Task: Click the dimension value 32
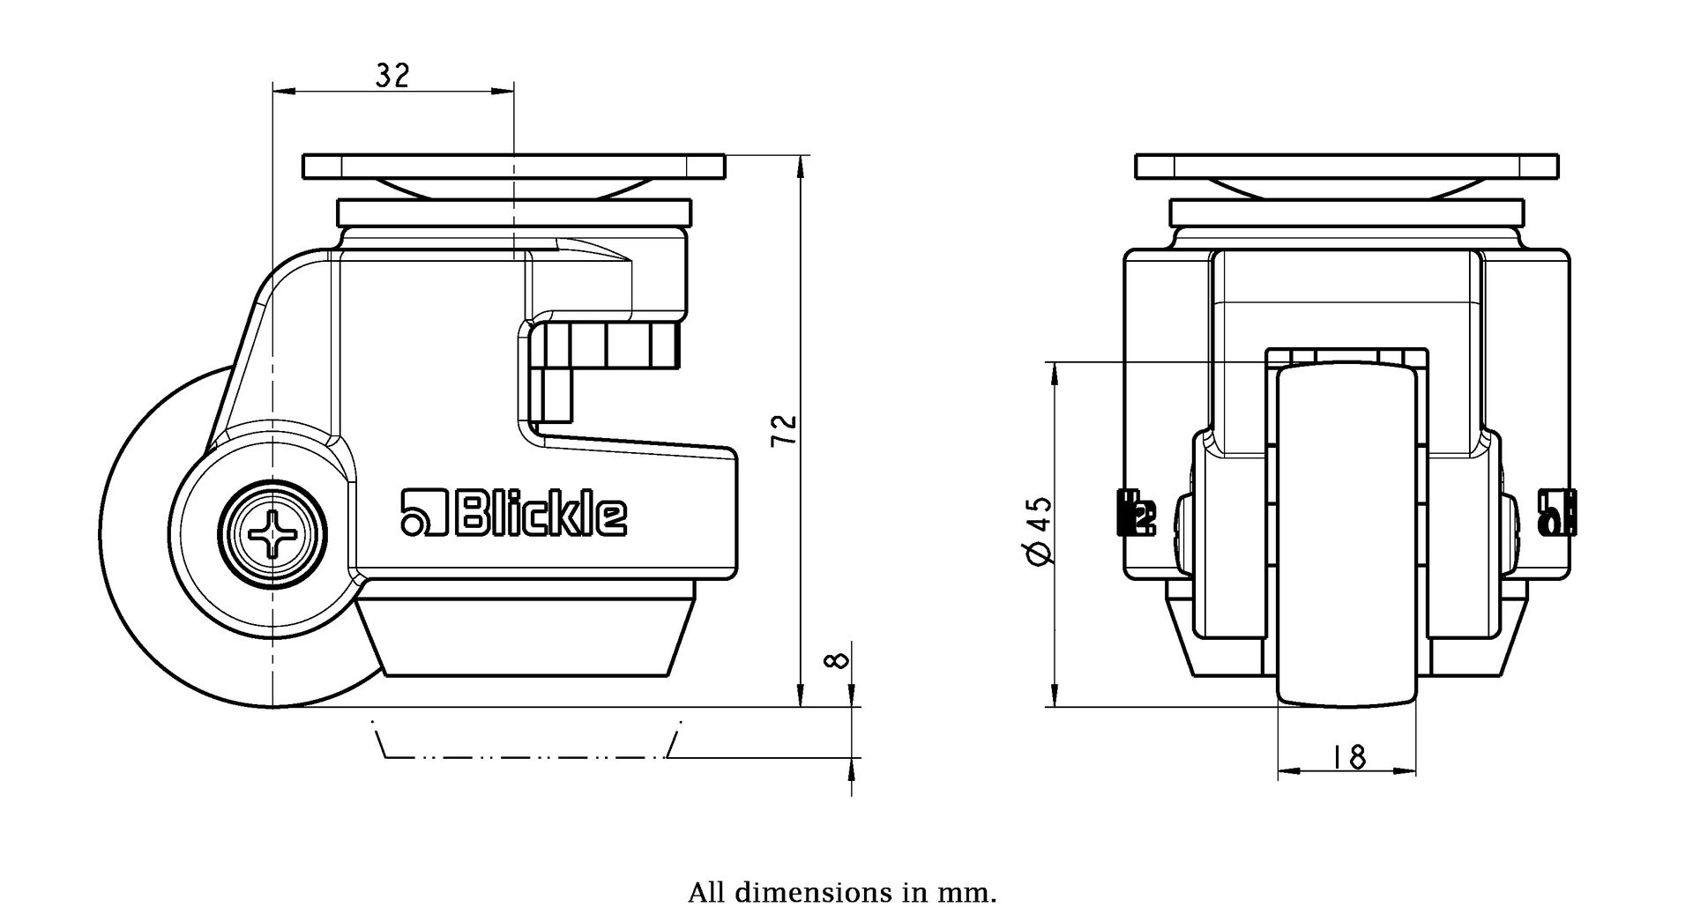[392, 76]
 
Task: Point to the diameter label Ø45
[1040, 529]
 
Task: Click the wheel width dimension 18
[1348, 756]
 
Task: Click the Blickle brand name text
[541, 513]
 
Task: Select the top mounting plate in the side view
[513, 166]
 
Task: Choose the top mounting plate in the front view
[1346, 166]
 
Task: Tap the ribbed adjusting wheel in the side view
[608, 346]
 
